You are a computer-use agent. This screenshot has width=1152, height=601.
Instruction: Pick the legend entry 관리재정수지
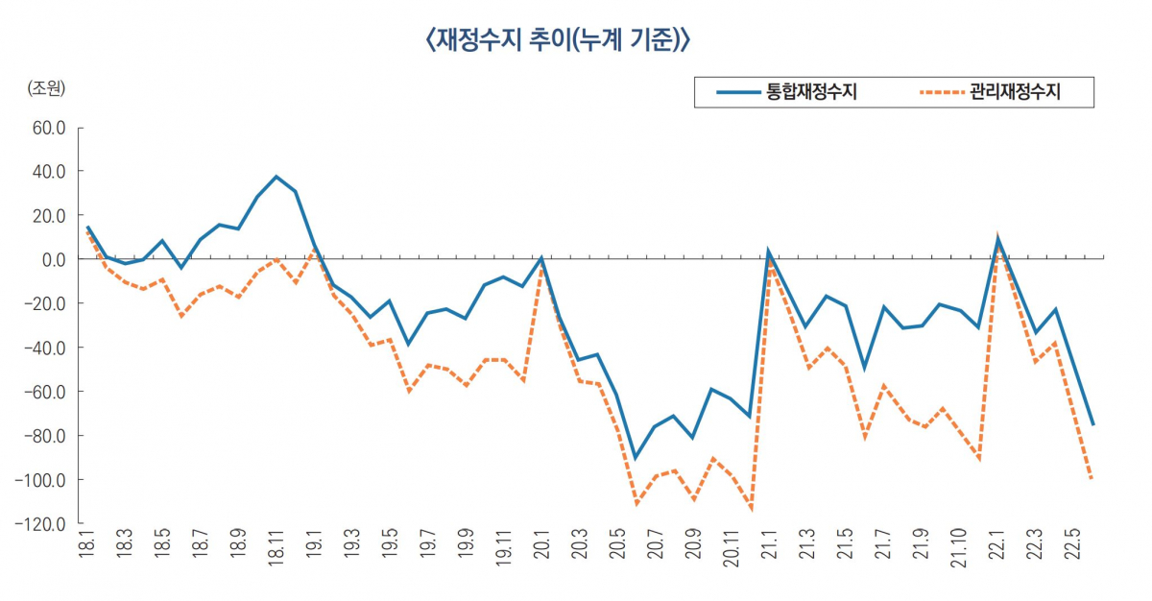click(1016, 92)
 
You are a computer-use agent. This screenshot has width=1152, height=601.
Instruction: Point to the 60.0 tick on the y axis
click(47, 128)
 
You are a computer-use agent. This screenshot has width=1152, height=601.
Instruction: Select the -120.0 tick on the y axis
click(43, 524)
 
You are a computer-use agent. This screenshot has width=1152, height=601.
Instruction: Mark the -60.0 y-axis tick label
click(46, 392)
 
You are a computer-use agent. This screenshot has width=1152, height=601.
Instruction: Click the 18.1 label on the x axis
click(87, 558)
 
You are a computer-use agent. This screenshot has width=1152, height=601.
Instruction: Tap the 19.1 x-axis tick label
click(314, 558)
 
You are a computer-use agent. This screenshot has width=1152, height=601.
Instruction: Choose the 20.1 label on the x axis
click(541, 558)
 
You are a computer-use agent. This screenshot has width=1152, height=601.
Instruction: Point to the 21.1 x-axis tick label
click(769, 558)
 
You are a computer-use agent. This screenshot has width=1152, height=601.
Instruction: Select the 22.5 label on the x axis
click(1073, 558)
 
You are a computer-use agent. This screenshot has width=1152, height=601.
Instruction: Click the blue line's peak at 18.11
click(276, 177)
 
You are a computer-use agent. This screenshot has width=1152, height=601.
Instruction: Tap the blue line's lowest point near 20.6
click(636, 458)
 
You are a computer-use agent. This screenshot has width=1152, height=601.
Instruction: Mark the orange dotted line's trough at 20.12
click(750, 509)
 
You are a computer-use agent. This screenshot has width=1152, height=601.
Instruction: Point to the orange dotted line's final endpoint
click(1092, 477)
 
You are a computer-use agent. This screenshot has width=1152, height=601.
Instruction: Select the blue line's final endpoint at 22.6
click(1092, 424)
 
